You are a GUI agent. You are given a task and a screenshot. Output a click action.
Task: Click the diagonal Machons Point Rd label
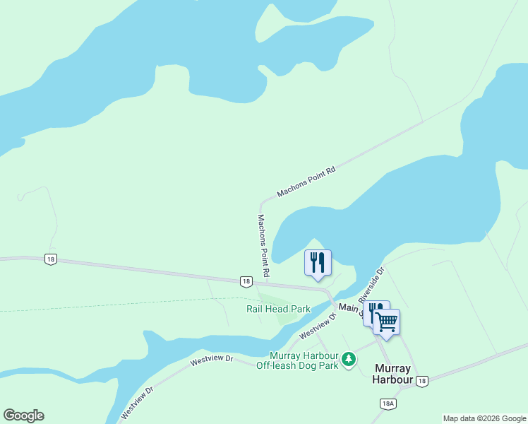[306, 182]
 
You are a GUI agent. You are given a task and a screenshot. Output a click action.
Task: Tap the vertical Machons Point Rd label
[263, 245]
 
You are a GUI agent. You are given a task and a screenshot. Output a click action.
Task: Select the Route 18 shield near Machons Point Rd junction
[245, 281]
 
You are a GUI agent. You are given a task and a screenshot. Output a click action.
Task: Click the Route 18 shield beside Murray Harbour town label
[421, 381]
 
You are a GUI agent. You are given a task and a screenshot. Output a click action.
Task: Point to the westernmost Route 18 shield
[50, 259]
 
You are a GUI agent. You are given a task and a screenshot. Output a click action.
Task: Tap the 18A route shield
[387, 404]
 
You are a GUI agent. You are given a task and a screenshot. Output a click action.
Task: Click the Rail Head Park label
[278, 310]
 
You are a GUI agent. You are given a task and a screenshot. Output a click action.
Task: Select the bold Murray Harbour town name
[393, 374]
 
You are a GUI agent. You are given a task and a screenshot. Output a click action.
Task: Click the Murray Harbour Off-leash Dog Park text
[303, 360]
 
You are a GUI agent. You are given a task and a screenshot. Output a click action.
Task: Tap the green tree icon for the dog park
[348, 360]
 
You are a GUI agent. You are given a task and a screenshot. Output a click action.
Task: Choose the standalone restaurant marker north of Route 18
[318, 263]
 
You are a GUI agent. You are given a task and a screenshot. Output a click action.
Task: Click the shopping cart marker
[386, 322]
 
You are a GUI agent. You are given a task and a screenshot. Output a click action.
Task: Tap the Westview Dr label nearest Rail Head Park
[316, 326]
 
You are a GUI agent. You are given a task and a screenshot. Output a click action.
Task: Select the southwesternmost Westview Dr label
[138, 401]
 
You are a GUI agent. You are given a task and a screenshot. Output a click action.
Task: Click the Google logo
[23, 416]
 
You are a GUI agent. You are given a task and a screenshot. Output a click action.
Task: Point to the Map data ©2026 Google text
[485, 418]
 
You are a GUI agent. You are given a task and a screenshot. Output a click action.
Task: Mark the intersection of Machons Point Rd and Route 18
[263, 284]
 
